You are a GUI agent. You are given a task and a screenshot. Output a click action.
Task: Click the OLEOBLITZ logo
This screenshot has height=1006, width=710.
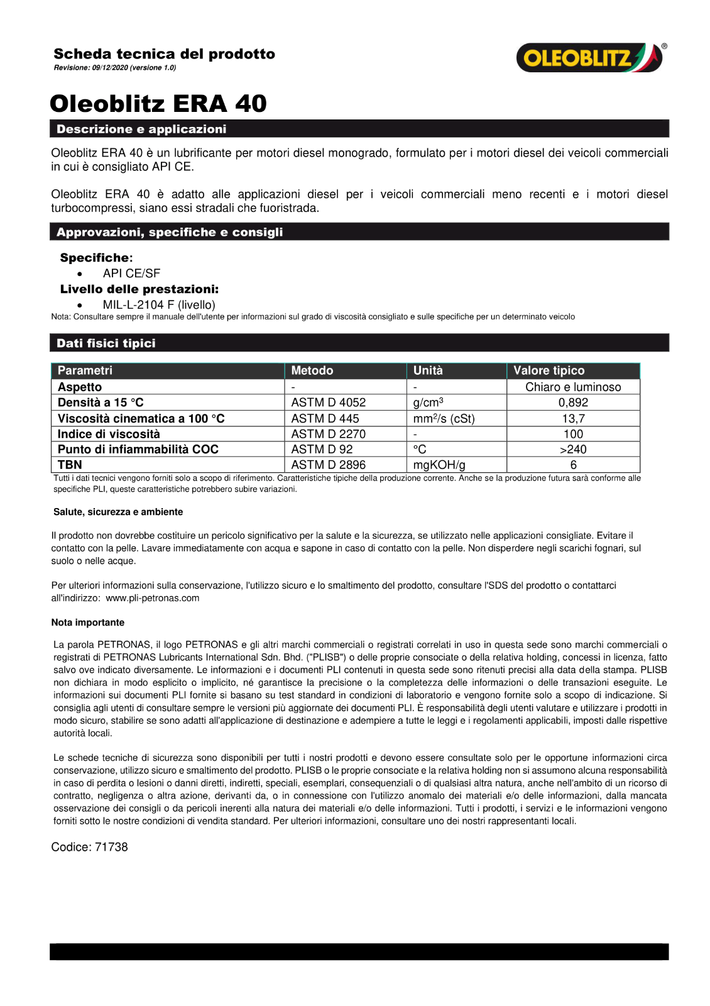(589, 58)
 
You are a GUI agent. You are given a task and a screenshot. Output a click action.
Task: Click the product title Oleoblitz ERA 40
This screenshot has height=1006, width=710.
(158, 104)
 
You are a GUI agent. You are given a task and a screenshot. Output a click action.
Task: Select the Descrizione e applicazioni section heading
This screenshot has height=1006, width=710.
(141, 129)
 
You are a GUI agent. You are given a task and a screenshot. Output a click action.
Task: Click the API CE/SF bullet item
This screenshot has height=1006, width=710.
(131, 274)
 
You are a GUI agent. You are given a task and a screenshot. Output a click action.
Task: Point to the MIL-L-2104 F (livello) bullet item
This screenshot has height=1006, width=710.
(159, 305)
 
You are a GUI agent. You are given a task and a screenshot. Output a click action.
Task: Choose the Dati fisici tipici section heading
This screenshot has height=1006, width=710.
(106, 343)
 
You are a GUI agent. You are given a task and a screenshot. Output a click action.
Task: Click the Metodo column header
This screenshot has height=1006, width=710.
(312, 370)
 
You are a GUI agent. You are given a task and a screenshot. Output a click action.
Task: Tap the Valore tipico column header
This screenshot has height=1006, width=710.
(549, 370)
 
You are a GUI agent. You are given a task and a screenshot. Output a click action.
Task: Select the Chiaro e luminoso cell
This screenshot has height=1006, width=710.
(573, 387)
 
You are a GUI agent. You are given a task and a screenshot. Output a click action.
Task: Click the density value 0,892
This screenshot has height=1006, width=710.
(573, 402)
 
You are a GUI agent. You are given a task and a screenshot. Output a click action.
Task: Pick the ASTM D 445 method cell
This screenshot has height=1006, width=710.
(325, 419)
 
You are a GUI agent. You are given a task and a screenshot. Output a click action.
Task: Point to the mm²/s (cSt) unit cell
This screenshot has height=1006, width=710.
(444, 419)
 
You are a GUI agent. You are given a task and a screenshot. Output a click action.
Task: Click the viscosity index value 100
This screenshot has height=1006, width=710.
(573, 434)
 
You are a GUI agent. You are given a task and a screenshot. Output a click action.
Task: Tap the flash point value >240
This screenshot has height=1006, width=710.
(573, 450)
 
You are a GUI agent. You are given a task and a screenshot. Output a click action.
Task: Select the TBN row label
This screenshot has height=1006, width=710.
(70, 465)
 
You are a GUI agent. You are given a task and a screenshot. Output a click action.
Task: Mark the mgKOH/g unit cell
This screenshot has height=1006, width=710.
(439, 465)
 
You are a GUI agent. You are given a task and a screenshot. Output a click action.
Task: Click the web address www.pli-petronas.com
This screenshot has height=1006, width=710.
(153, 598)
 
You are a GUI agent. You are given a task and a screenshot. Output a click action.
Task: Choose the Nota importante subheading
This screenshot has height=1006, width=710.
(88, 622)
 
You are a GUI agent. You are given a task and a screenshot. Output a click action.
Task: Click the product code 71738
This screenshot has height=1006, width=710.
(111, 847)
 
